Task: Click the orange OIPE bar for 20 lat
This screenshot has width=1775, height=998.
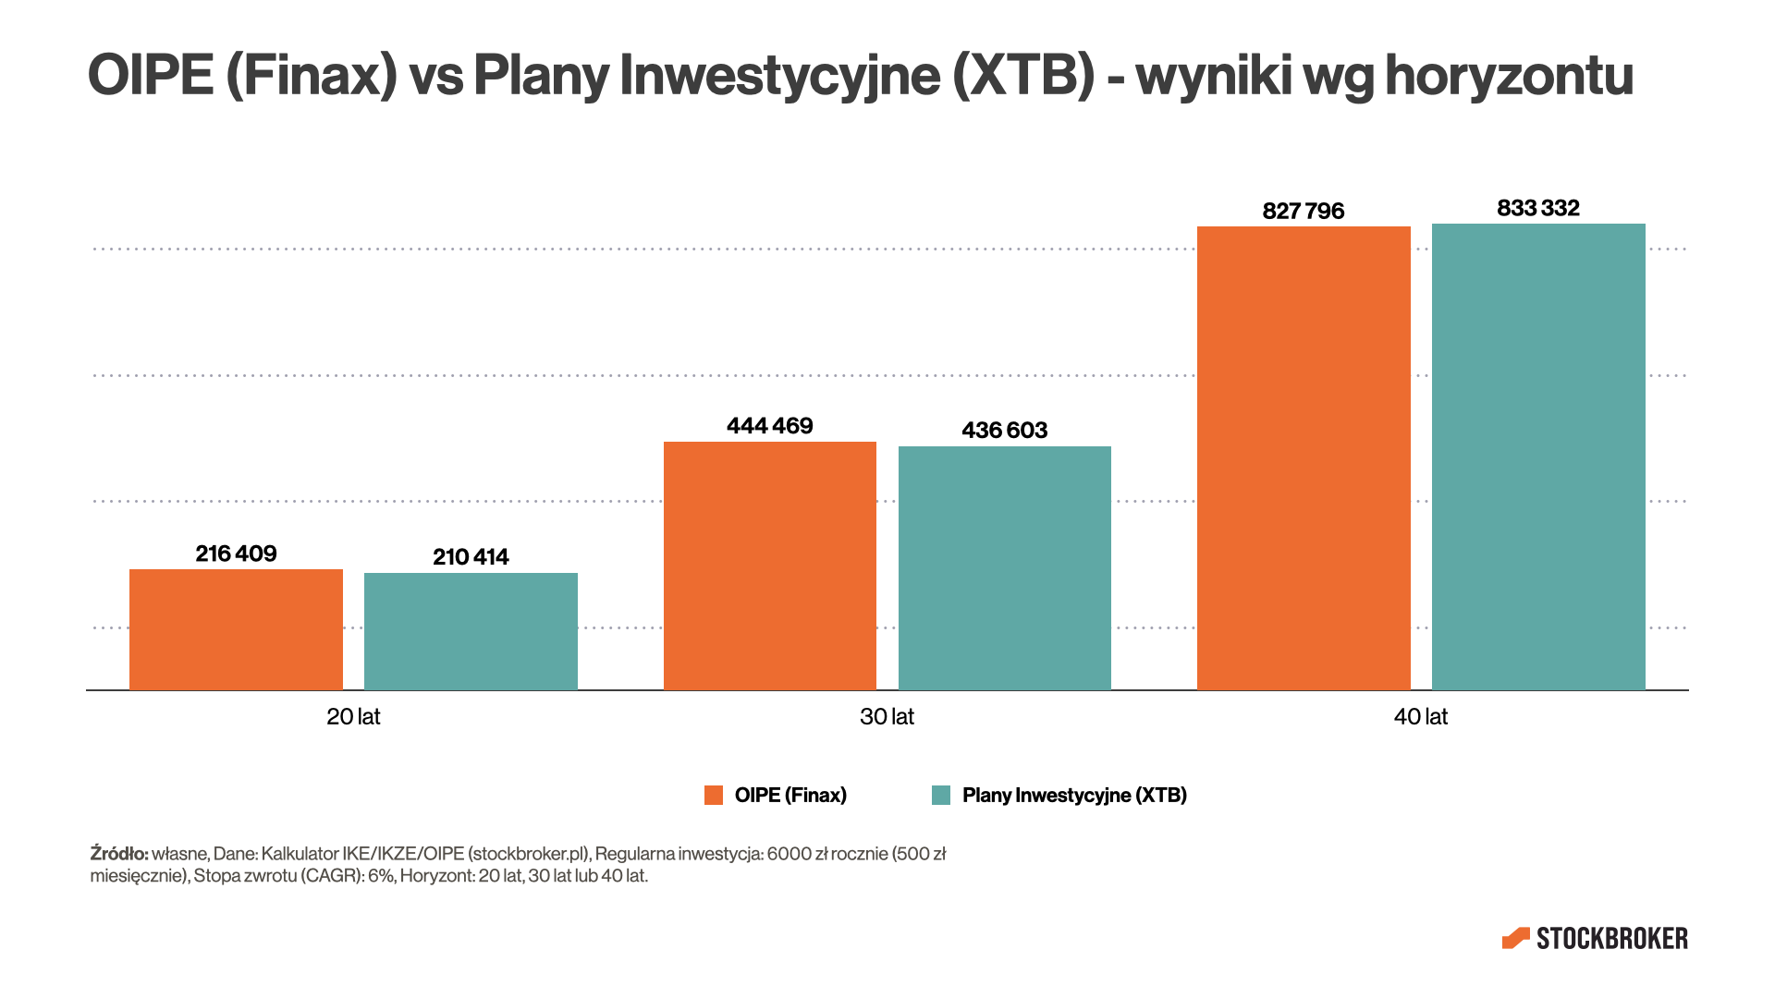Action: pos(236,629)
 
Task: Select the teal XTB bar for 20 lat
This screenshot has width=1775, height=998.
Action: pos(471,631)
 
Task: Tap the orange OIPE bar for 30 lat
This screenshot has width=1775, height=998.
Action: pos(769,566)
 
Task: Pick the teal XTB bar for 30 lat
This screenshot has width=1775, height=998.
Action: pos(1004,568)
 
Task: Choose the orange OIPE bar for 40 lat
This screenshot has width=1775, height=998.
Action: pos(1304,458)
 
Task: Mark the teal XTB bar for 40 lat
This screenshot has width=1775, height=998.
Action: pos(1538,456)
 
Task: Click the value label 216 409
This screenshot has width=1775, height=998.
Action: pos(236,554)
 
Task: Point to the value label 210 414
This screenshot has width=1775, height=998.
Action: pos(471,557)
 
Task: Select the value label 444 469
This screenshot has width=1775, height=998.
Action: pos(769,426)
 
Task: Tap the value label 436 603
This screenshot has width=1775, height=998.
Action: pos(1004,431)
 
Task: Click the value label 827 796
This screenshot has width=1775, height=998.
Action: pos(1304,212)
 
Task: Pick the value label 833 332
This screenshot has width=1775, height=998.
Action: pos(1538,208)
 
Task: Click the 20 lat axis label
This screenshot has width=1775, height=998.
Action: pos(353,717)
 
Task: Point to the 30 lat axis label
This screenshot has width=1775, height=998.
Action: pos(887,717)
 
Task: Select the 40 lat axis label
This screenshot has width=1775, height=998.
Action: pos(1420,717)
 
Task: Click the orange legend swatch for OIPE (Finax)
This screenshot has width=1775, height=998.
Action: pos(714,796)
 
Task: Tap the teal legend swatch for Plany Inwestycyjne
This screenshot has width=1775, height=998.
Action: pos(941,796)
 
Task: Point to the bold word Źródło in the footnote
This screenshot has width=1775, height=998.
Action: pos(119,854)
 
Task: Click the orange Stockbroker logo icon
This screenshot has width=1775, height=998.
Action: pos(1516,939)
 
